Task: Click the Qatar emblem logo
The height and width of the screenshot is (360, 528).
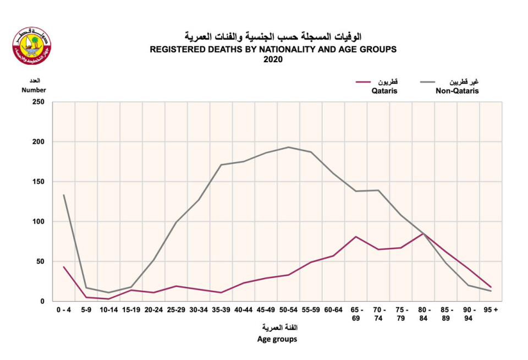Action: click(x=31, y=46)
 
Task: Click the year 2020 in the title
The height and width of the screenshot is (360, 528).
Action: click(x=273, y=59)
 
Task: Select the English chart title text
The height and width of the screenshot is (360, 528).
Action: click(x=273, y=49)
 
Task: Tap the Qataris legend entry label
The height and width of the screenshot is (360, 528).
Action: click(x=384, y=91)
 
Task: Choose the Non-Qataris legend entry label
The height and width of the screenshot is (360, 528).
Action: click(x=457, y=91)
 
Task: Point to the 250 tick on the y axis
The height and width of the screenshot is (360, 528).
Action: click(x=38, y=102)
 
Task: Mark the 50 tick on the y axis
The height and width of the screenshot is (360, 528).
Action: click(x=40, y=261)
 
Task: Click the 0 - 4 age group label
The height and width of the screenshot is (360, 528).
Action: click(x=64, y=310)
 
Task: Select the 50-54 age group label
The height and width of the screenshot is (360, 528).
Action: click(x=288, y=310)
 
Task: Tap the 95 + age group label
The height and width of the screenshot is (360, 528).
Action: click(x=491, y=310)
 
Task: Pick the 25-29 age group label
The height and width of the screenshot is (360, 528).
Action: click(x=176, y=310)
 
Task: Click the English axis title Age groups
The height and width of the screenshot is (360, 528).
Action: click(x=277, y=339)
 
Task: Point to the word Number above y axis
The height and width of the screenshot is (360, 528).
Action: click(x=34, y=90)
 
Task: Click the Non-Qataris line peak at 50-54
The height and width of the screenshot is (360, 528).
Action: click(x=288, y=147)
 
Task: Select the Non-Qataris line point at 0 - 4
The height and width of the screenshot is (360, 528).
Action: click(x=64, y=195)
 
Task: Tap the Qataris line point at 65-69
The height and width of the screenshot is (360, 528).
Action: click(x=356, y=237)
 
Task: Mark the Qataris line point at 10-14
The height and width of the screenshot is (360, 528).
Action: click(x=109, y=299)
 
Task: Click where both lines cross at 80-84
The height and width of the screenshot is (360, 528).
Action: click(x=423, y=233)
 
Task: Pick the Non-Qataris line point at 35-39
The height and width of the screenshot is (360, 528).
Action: click(x=221, y=165)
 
